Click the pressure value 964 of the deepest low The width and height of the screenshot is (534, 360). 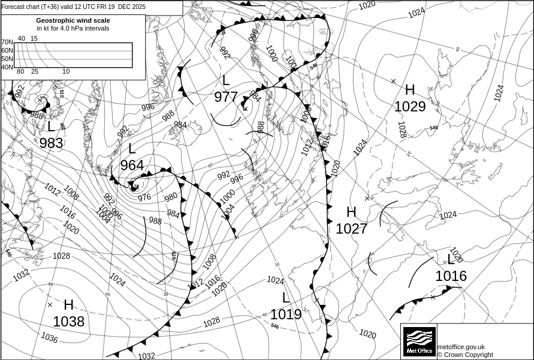[132, 165]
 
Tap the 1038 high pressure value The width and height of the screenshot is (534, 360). [69, 322]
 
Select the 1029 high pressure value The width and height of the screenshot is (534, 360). [410, 107]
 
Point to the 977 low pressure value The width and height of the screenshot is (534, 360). [226, 97]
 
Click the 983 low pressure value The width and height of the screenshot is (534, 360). [51, 143]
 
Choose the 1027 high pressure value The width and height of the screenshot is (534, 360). [351, 229]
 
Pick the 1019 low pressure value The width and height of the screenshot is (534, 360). [286, 314]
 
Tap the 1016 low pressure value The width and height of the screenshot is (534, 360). [451, 276]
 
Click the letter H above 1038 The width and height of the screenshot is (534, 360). [68, 305]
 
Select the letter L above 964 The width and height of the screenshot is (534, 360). [132, 149]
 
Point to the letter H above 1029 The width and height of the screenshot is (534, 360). [410, 90]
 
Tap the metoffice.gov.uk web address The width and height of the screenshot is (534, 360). [461, 347]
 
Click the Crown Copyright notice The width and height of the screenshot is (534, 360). [465, 355]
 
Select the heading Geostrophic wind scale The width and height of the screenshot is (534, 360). [73, 20]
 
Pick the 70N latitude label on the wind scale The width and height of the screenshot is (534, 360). [7, 42]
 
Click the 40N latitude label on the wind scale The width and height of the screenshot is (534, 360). [7, 67]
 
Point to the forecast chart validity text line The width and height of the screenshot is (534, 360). [73, 7]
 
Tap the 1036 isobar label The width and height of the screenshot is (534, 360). [50, 338]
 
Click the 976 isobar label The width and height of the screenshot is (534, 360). [144, 197]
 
